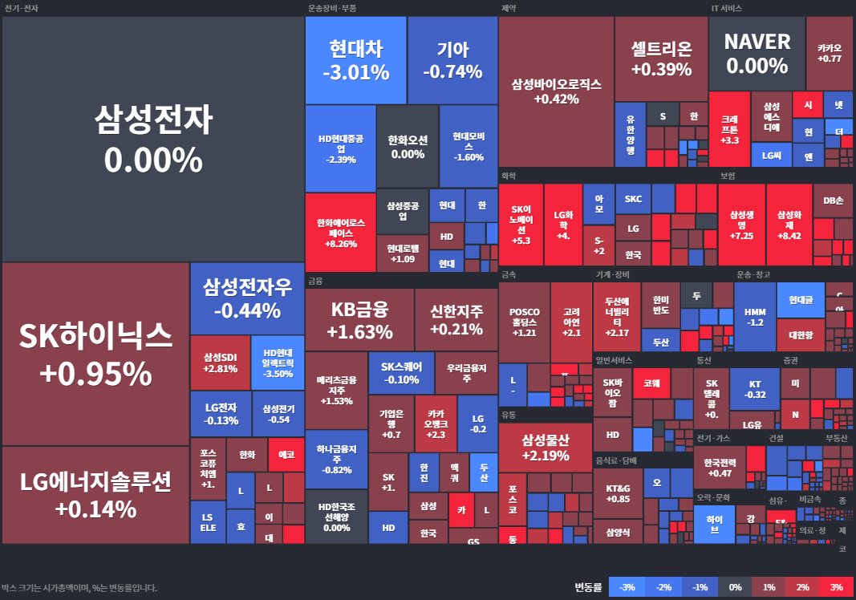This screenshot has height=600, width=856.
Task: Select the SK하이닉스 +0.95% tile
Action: click(95, 354)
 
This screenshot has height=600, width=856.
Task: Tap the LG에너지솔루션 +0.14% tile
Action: click(95, 495)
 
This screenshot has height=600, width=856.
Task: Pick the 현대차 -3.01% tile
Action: click(355, 60)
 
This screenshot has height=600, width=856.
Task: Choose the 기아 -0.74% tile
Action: click(452, 60)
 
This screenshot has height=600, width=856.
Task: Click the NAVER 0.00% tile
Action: click(757, 54)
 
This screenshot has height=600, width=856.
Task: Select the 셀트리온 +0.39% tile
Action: click(661, 59)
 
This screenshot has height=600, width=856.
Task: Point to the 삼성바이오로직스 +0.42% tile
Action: click(556, 91)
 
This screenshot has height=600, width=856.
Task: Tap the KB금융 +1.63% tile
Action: click(359, 319)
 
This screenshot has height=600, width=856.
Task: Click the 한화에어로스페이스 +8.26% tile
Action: click(340, 233)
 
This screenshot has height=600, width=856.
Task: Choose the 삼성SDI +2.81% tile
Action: click(221, 363)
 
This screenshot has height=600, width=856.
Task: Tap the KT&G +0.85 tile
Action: click(618, 493)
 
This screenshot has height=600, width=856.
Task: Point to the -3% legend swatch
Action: click(627, 587)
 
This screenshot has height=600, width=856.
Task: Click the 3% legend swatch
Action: click(836, 587)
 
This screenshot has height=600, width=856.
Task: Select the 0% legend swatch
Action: click(735, 587)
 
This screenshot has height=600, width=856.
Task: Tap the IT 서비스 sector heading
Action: click(726, 8)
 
